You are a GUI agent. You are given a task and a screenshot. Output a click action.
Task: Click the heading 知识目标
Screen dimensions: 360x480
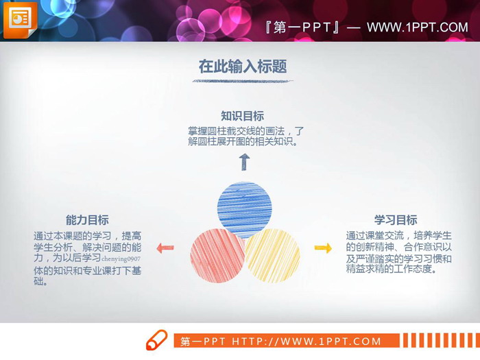click(242, 116)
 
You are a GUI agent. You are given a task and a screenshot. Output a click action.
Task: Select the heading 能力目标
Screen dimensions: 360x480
click(87, 220)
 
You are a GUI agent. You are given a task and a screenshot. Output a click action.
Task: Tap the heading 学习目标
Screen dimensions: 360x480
click(396, 220)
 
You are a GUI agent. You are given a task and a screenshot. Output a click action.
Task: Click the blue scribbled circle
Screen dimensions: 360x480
click(244, 209)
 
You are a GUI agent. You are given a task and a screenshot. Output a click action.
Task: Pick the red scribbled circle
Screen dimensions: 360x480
click(217, 256)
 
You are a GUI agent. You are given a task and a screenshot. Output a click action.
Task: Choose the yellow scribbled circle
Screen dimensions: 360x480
click(272, 256)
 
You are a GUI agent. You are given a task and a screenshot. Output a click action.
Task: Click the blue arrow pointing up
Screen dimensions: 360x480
click(244, 163)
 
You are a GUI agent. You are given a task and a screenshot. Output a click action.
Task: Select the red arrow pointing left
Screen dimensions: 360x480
click(165, 248)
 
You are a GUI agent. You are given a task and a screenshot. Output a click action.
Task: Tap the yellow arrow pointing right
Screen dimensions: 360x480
click(323, 248)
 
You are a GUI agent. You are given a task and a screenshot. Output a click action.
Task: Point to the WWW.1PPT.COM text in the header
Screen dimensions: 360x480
click(417, 27)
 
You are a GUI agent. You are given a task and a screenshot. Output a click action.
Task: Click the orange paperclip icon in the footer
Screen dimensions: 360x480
click(156, 340)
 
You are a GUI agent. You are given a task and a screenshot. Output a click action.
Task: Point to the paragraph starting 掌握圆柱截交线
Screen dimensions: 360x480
click(245, 136)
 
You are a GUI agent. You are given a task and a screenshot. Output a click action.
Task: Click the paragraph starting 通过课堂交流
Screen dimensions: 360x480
click(398, 252)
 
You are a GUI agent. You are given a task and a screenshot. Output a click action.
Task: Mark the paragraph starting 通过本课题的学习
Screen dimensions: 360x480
click(87, 259)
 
